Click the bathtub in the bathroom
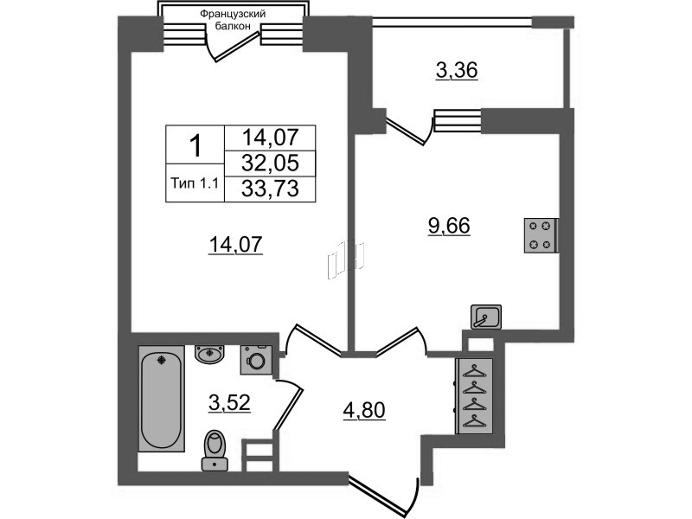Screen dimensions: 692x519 coord(162,399)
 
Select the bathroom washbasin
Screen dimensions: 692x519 coord(209,355)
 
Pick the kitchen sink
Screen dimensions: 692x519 coord(486,317)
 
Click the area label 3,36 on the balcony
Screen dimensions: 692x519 coord(457,71)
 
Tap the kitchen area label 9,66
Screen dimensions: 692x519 coord(449,226)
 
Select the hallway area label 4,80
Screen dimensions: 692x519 coord(364,410)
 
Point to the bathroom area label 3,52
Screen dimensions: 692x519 coord(229,402)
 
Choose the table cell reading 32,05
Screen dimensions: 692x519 coord(270,163)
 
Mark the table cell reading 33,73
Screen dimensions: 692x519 coord(270,189)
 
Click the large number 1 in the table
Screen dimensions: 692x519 coord(195,145)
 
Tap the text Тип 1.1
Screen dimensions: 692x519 coord(195,183)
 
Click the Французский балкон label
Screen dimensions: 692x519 coord(233,20)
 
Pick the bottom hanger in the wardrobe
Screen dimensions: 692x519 coord(474,421)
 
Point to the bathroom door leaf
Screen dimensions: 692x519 coord(288,409)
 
